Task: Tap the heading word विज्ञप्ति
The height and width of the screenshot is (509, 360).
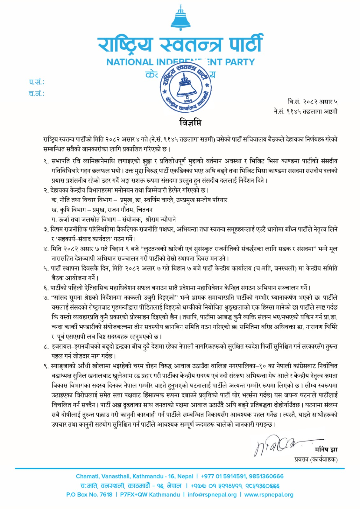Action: pyautogui.click(x=190, y=122)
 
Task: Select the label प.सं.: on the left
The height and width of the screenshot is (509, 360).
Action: pyautogui.click(x=37, y=82)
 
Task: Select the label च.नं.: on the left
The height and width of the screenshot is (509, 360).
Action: pyautogui.click(x=37, y=94)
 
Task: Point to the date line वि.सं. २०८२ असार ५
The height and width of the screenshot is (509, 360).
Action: pyautogui.click(x=312, y=102)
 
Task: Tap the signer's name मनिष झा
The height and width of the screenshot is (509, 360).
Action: pyautogui.click(x=326, y=450)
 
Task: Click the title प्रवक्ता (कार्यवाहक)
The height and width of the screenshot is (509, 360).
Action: pyautogui.click(x=316, y=459)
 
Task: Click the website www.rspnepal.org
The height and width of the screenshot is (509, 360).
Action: pyautogui.click(x=269, y=495)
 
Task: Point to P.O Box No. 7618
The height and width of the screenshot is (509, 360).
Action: pyautogui.click(x=89, y=495)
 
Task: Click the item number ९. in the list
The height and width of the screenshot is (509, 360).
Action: pyautogui.click(x=46, y=366)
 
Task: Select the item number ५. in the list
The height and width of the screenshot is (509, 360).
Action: pyautogui.click(x=46, y=269)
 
